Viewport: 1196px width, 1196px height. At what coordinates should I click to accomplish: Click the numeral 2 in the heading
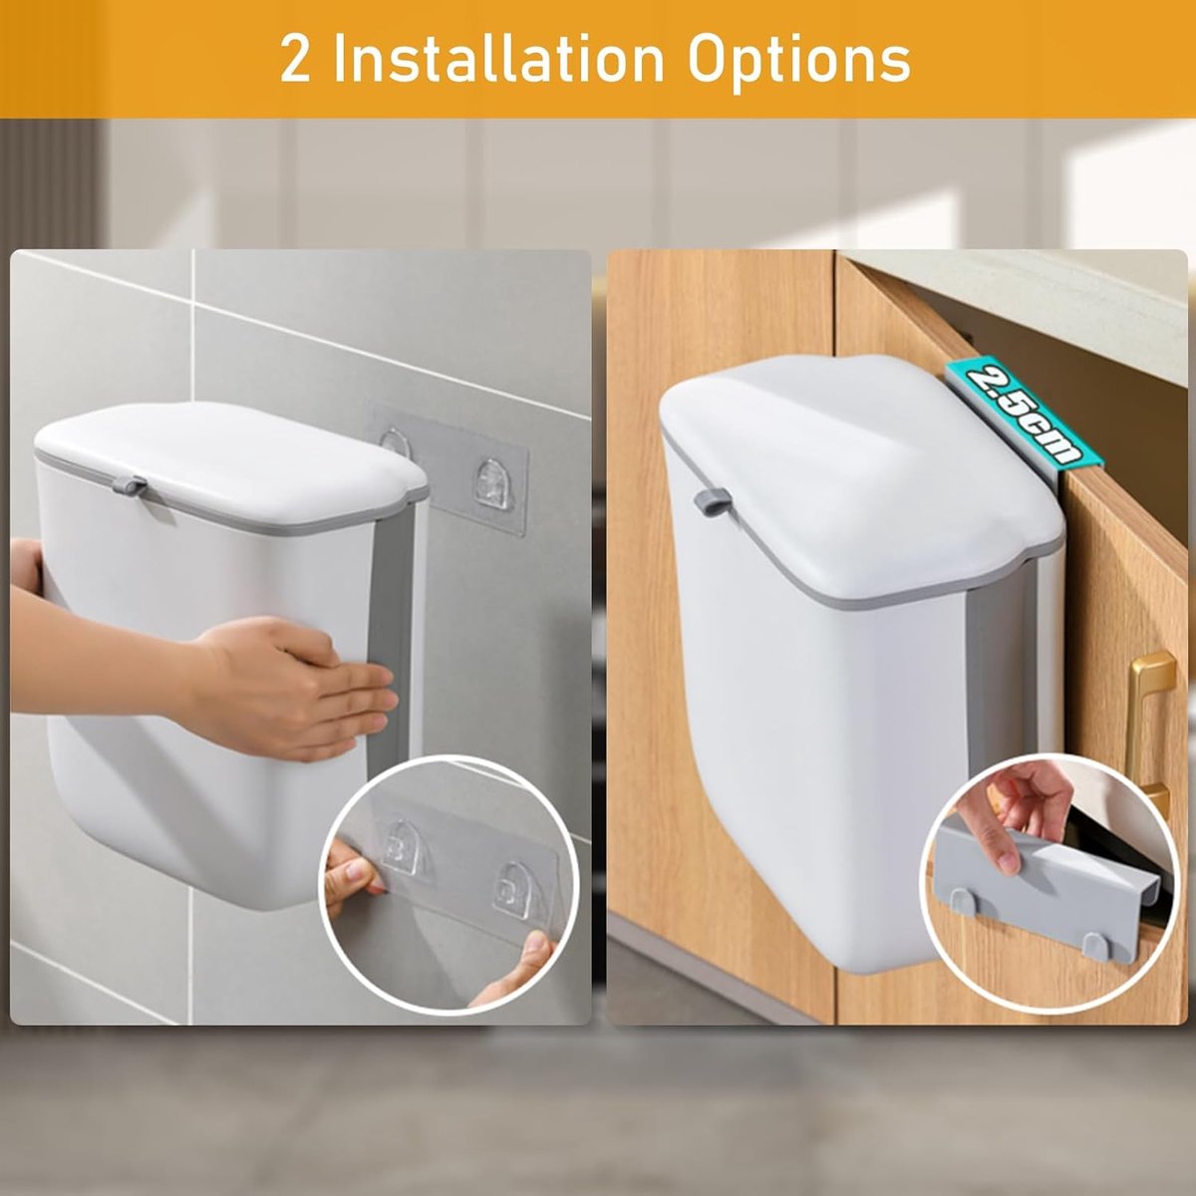[x=295, y=60]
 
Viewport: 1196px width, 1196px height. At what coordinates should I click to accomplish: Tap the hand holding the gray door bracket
[x=1018, y=807]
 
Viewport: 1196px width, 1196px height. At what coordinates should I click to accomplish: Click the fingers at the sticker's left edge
[x=352, y=867]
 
